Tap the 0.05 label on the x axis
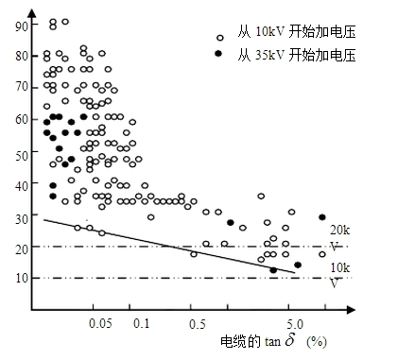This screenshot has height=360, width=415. [99, 323]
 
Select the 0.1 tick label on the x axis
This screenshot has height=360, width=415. [142, 323]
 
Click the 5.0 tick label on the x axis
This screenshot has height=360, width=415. [293, 323]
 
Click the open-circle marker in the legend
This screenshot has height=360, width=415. [220, 38]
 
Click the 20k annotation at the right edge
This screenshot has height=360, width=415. [338, 230]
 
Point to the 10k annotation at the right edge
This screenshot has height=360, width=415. [338, 267]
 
